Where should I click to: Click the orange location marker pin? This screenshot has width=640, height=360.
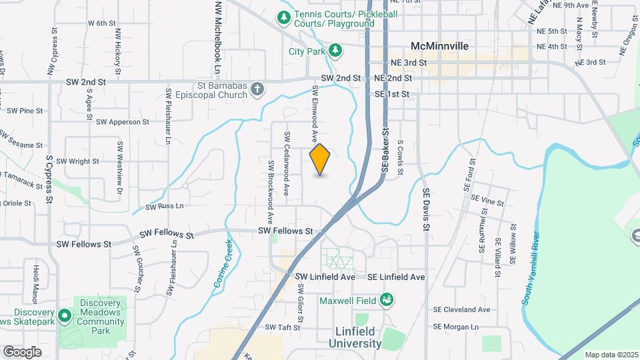(x=320, y=159)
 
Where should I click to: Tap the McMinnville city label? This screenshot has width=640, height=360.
(x=439, y=47)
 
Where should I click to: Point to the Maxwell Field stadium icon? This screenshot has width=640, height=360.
(x=386, y=301)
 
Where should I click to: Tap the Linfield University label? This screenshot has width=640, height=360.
(x=355, y=338)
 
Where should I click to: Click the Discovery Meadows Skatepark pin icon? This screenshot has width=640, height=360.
(x=65, y=314)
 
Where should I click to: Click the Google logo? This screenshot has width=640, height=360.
(x=22, y=352)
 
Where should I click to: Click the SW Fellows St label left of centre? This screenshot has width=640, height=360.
(x=166, y=235)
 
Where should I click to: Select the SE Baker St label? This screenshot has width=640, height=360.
(x=385, y=151)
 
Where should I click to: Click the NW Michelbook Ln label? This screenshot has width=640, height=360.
(x=217, y=37)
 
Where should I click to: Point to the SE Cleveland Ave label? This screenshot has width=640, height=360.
(x=461, y=309)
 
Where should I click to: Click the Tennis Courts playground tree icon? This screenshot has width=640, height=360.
(x=284, y=17)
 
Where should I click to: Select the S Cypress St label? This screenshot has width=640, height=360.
(x=49, y=181)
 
